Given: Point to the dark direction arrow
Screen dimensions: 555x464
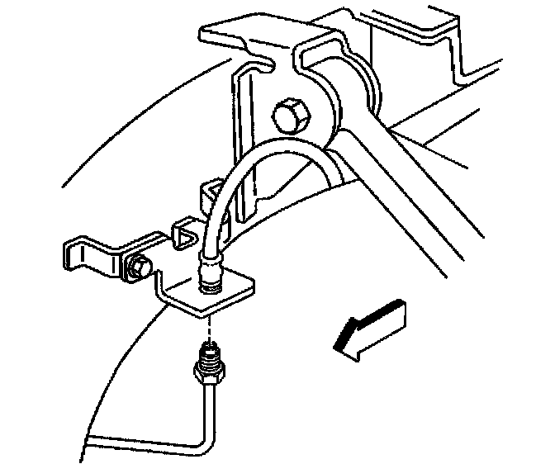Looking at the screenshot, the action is [x=370, y=326].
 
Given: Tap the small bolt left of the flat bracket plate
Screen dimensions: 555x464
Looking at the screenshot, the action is [x=138, y=267].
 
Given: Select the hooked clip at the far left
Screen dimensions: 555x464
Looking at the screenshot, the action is [x=88, y=252].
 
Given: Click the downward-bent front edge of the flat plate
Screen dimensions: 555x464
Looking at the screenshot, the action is [x=195, y=308].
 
